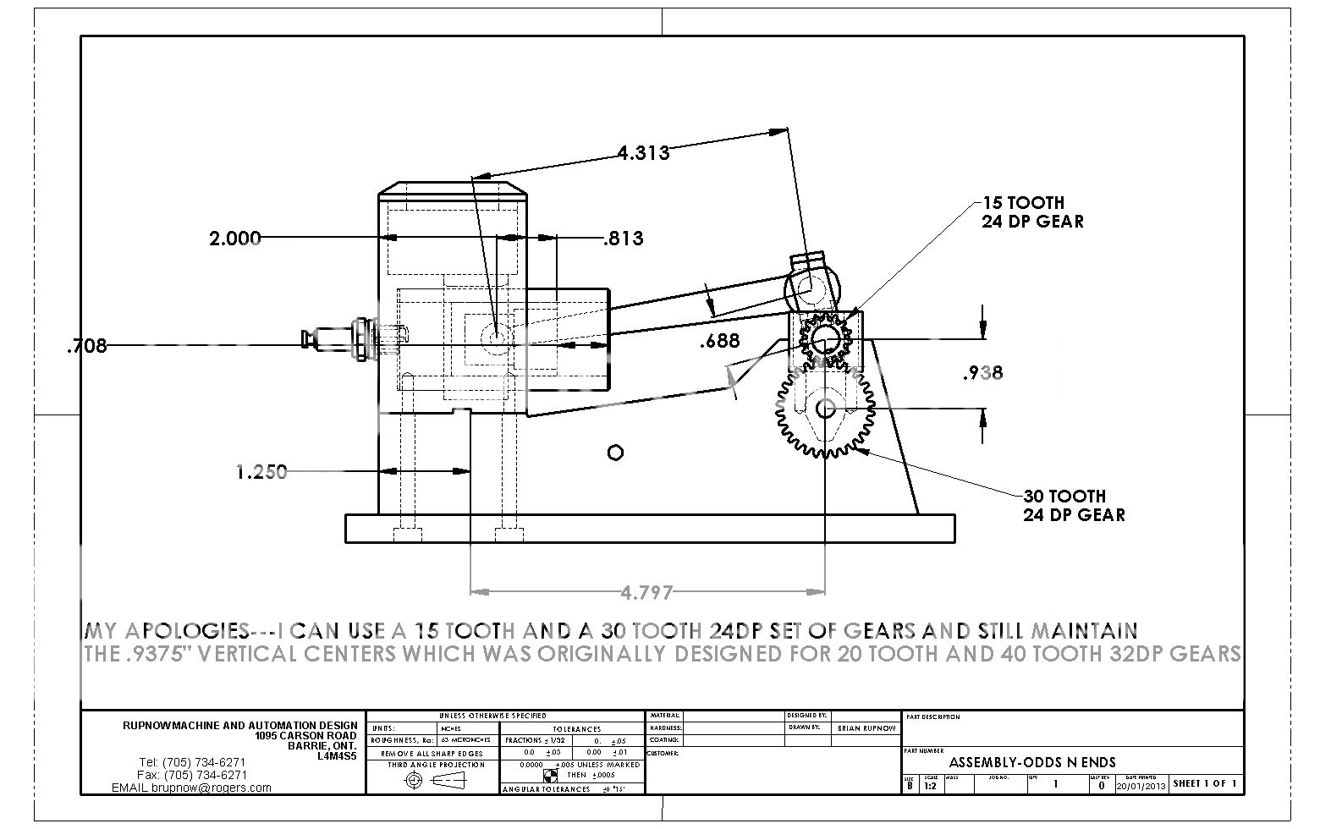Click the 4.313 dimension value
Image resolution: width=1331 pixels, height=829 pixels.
click(643, 153)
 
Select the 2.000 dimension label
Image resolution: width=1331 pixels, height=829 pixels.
click(234, 239)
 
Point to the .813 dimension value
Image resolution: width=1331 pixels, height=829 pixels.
click(623, 239)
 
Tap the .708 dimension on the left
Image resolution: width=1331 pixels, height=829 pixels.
click(86, 345)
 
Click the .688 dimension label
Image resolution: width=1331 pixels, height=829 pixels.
click(719, 341)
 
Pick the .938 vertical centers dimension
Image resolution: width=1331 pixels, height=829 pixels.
click(982, 372)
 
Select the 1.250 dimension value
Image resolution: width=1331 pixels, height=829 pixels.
click(261, 472)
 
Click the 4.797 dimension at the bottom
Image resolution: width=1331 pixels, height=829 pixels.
click(646, 593)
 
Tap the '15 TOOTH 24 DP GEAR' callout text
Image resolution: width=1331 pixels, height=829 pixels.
click(1031, 212)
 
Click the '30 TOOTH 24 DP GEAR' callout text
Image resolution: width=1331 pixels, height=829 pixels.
click(1074, 505)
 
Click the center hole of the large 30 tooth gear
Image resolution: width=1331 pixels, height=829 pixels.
click(825, 409)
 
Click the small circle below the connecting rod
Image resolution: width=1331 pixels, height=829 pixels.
click(615, 453)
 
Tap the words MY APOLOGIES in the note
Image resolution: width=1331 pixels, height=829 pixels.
click(166, 631)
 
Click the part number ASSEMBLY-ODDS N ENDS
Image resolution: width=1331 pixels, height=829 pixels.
click(1031, 762)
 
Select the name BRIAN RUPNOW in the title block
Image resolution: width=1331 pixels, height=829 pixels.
click(865, 727)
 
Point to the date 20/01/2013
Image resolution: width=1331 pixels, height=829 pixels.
click(1141, 785)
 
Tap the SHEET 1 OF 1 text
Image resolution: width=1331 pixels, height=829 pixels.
click(1205, 784)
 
